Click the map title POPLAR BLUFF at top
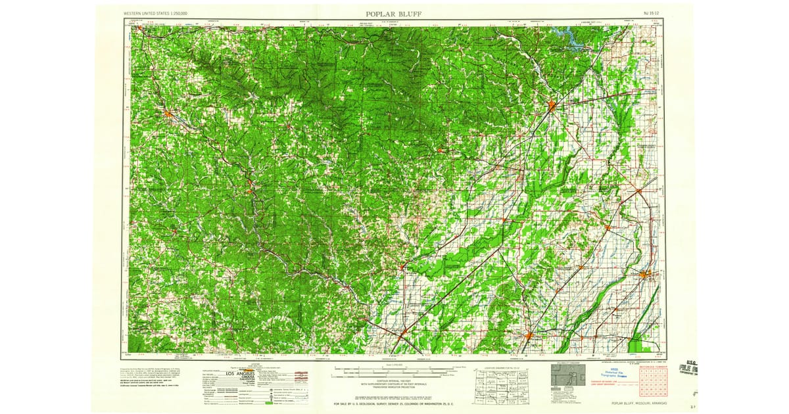click(x=394, y=13)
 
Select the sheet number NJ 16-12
click(x=651, y=13)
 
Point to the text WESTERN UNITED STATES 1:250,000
click(x=155, y=13)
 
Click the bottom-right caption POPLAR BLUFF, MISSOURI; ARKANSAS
click(x=638, y=403)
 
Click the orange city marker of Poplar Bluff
click(x=552, y=105)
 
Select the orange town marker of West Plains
click(x=169, y=114)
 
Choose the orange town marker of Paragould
click(x=529, y=336)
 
